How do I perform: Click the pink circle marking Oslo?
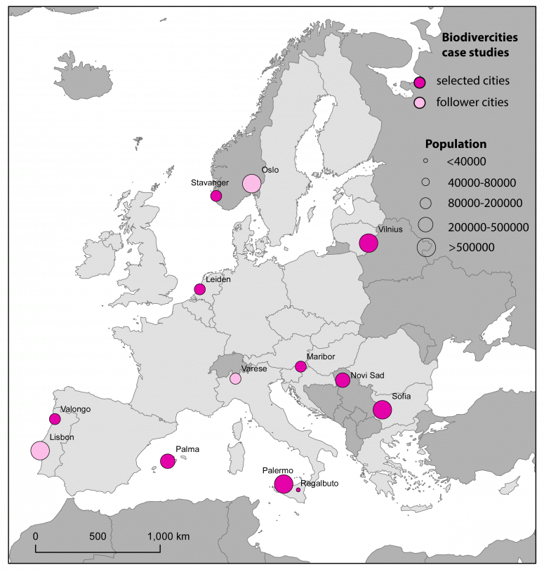[x=251, y=183]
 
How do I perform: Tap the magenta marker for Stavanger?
[x=216, y=196]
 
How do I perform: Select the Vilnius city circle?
[x=369, y=244]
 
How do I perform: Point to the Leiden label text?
[x=218, y=279]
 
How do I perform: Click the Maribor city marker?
[x=300, y=366]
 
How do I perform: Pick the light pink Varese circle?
[x=235, y=379]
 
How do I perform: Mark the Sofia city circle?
[x=382, y=410]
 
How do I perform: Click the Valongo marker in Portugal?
[x=55, y=419]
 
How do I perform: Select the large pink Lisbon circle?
[x=40, y=451]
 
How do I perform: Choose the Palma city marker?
[x=167, y=461]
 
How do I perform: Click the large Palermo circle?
[x=284, y=484]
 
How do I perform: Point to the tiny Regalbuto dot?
[x=298, y=490]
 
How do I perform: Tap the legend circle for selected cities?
[x=420, y=81]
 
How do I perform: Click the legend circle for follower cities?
[x=420, y=103]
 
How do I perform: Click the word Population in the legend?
[x=456, y=144]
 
